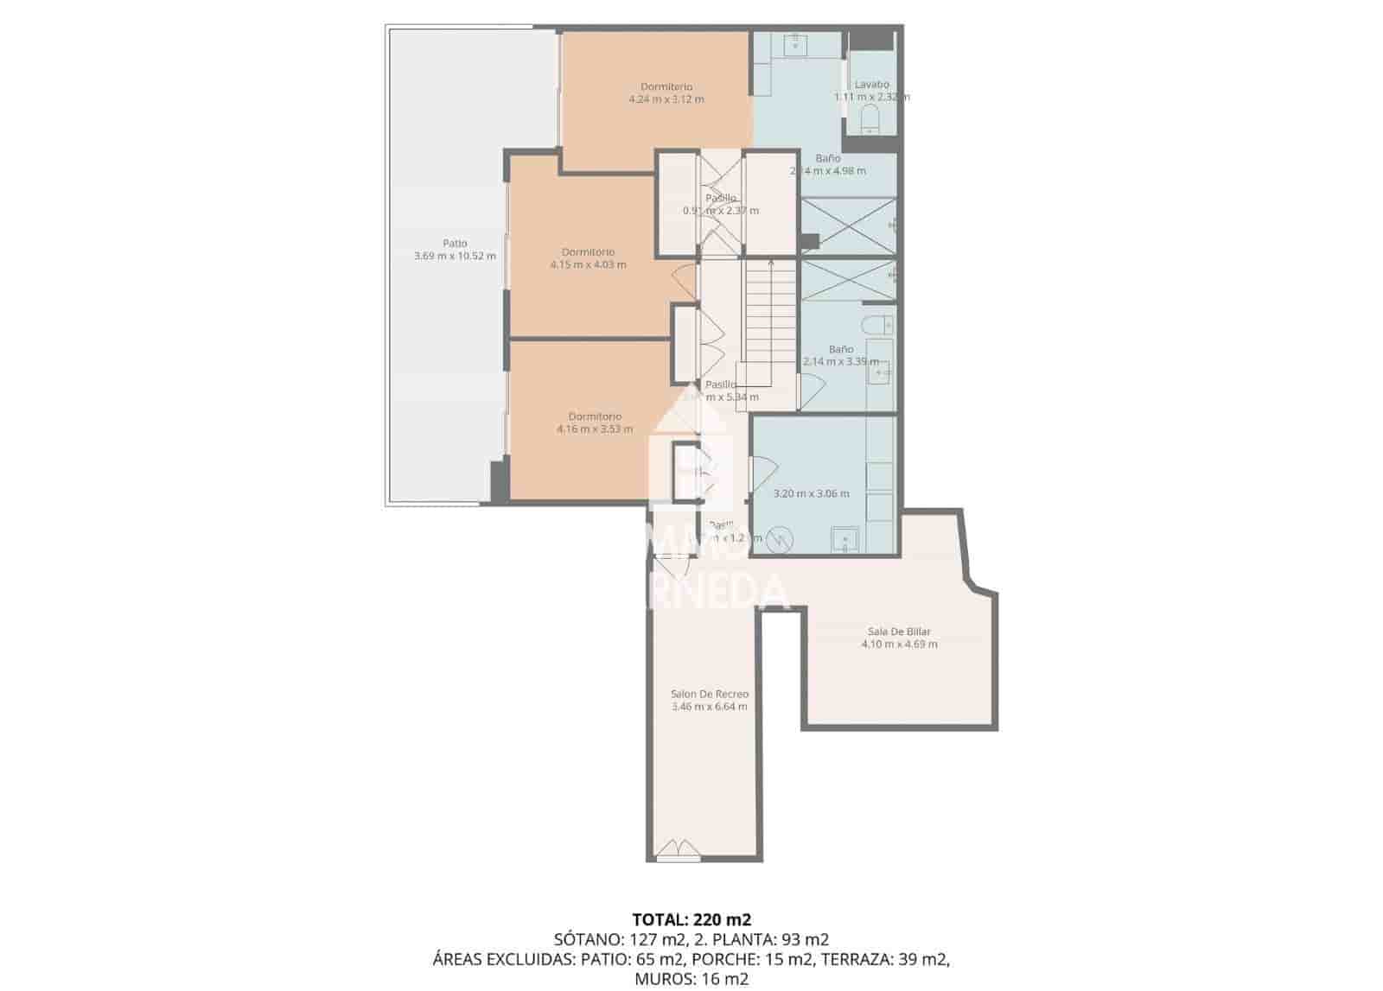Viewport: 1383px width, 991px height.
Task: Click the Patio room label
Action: [x=455, y=244]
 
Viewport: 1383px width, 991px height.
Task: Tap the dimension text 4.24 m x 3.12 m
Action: [x=666, y=99]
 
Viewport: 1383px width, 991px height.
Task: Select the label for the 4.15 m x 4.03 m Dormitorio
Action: [x=588, y=252]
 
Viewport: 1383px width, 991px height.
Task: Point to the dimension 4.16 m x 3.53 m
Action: [x=595, y=429]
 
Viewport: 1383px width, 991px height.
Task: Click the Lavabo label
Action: [x=871, y=85]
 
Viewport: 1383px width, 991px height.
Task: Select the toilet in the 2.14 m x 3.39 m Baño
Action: [x=879, y=325]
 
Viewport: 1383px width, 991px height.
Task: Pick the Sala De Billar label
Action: [x=899, y=632]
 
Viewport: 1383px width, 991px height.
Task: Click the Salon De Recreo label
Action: [x=709, y=694]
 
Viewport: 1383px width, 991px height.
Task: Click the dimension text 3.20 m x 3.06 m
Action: [x=810, y=494]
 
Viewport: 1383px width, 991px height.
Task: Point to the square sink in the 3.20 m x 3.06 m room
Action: [x=844, y=540]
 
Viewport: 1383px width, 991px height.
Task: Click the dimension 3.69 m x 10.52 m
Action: [x=455, y=257]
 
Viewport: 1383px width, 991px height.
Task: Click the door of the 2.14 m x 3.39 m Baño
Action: [x=809, y=391]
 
